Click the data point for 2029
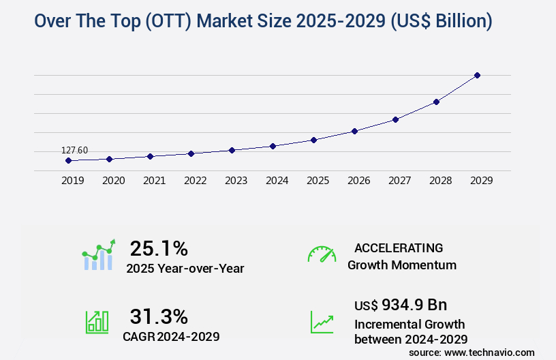tap(477, 75)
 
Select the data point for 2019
tap(68, 161)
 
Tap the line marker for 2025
tap(313, 140)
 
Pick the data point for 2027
tap(395, 119)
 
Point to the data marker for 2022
tap(191, 153)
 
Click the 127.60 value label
tap(75, 150)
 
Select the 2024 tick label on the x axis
tap(277, 181)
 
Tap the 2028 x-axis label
tap(440, 181)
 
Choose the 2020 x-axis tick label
tap(113, 181)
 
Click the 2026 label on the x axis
tap(358, 181)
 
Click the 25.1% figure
tap(159, 248)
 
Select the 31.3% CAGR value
tap(159, 316)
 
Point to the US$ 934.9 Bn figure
tap(401, 304)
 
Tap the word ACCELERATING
tap(399, 248)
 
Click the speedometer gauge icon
tap(322, 254)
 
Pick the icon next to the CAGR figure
tap(97, 322)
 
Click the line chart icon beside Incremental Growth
tap(322, 322)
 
